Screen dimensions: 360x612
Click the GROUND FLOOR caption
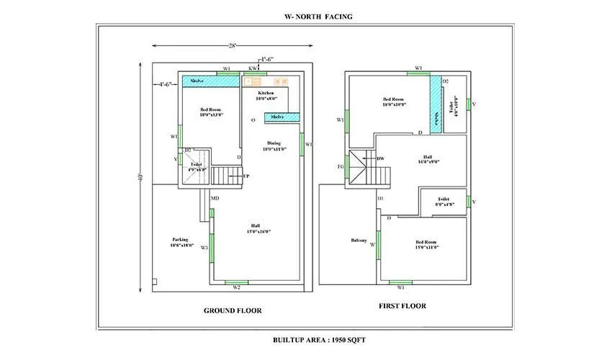233,310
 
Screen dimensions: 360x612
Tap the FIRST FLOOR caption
402,306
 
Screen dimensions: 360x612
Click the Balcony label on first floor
359,240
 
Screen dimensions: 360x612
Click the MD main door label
215,197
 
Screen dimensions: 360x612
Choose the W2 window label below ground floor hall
236,288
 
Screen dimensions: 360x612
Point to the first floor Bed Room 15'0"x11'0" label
427,243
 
